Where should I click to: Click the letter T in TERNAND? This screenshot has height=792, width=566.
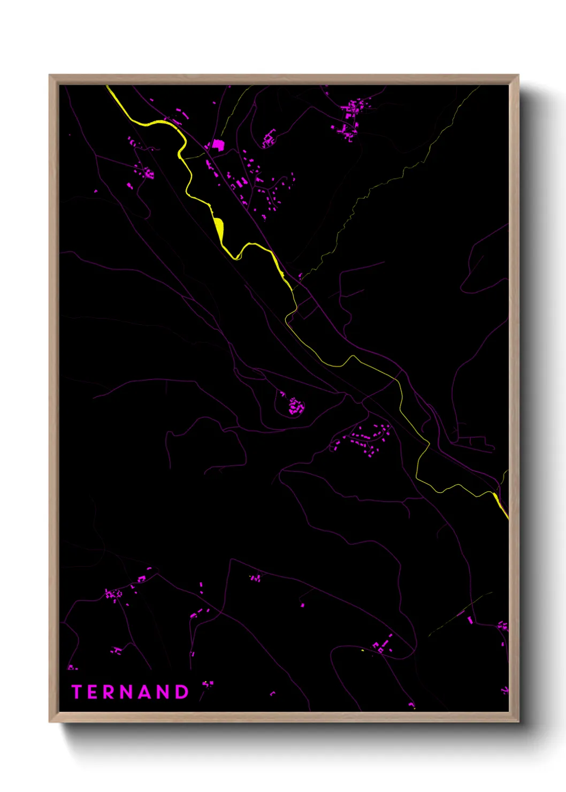pyautogui.click(x=77, y=692)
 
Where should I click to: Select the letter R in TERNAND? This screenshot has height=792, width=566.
pyautogui.click(x=110, y=692)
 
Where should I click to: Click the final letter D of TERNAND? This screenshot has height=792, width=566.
pyautogui.click(x=182, y=692)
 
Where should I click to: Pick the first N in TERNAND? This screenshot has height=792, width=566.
pyautogui.click(x=128, y=692)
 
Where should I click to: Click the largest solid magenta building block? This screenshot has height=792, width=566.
pyautogui.click(x=218, y=144)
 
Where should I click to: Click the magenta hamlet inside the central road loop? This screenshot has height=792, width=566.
pyautogui.click(x=295, y=406)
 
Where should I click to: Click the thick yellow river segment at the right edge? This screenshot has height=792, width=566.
pyautogui.click(x=501, y=506)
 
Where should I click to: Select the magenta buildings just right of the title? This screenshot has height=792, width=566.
pyautogui.click(x=208, y=684)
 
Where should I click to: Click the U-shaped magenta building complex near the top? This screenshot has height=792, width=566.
pyautogui.click(x=269, y=140)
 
